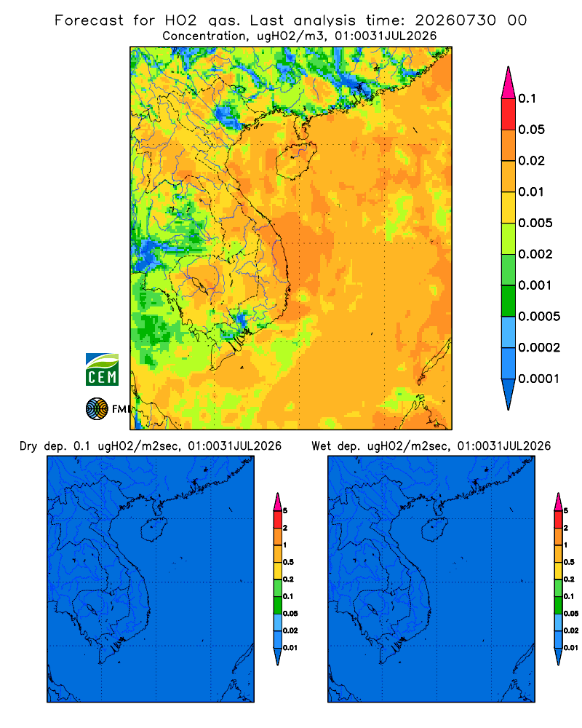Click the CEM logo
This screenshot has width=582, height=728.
click(102, 370)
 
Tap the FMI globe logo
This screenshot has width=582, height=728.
click(97, 408)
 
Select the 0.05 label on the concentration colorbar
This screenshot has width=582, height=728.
click(531, 130)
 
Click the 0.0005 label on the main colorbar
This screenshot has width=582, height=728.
click(539, 317)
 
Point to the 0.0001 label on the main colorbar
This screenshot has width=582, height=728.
click(539, 379)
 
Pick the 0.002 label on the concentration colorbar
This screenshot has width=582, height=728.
click(535, 254)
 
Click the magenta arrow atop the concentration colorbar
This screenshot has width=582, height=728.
click(509, 82)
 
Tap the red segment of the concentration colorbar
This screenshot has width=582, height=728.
click(509, 114)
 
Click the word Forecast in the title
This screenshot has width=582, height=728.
click(89, 20)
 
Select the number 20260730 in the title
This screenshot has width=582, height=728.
click(455, 20)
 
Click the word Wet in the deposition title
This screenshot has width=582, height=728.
click(320, 446)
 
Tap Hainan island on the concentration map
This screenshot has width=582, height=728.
click(296, 161)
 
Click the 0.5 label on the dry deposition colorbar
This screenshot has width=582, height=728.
click(288, 562)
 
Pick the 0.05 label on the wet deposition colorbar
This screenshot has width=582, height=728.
click(571, 614)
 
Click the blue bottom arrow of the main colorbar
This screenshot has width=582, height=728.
click(509, 394)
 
